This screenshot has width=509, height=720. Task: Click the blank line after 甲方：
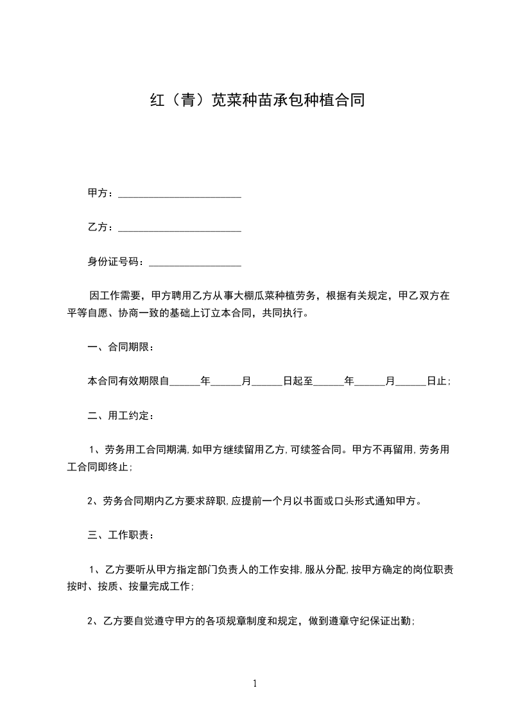[180, 194]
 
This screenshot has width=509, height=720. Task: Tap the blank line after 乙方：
[180, 228]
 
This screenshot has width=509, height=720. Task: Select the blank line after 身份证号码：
[194, 262]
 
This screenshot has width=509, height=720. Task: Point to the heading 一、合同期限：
[120, 347]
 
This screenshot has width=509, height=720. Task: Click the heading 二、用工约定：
[120, 415]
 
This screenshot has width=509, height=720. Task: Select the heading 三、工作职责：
[120, 535]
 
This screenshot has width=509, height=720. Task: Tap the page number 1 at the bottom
[255, 683]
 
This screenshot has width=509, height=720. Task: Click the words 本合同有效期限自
[128, 381]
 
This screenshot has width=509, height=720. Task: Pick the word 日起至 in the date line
[298, 381]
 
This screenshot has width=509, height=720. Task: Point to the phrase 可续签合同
[316, 449]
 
